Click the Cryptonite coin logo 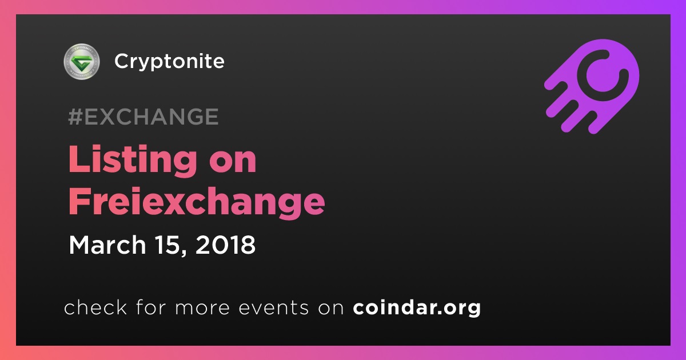(82, 61)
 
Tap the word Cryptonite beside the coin (169, 62)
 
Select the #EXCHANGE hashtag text (143, 117)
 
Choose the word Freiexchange (197, 203)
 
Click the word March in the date (107, 245)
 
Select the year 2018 (225, 245)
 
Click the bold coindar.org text (417, 307)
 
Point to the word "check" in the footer (95, 307)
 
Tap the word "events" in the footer (274, 307)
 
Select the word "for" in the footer (151, 307)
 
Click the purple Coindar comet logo (592, 86)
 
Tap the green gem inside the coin (81, 62)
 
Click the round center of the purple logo (603, 75)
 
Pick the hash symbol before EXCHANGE (75, 117)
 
